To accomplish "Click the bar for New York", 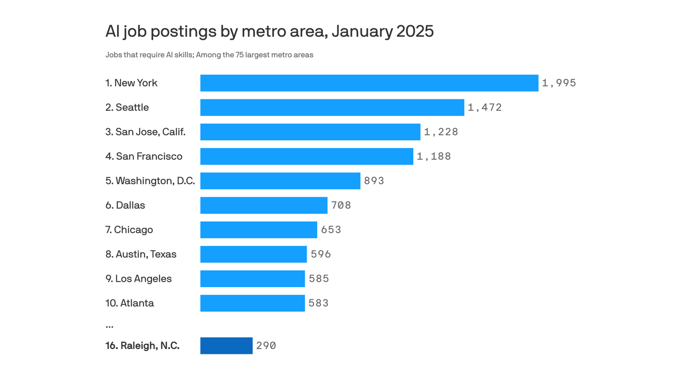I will click(369, 83).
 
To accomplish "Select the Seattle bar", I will click(332, 107).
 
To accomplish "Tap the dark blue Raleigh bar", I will click(226, 346).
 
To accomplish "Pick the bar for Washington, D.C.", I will click(280, 181).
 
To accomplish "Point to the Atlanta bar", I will click(252, 303).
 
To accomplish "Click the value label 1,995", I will click(558, 83).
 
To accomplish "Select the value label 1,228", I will click(441, 132).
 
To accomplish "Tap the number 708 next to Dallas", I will click(341, 205).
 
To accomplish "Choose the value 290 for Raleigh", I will click(266, 346).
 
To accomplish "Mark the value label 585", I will click(319, 279).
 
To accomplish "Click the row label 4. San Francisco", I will click(144, 156).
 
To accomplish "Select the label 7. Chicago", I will click(129, 230).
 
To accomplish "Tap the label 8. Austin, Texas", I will click(141, 254).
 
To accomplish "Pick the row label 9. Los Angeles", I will click(139, 279).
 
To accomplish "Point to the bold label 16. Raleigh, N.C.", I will click(142, 346).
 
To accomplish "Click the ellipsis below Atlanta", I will click(109, 326).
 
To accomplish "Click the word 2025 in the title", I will click(414, 32).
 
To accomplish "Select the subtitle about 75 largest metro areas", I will click(209, 55).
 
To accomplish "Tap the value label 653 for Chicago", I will click(331, 230).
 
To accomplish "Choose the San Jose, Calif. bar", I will click(310, 132).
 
